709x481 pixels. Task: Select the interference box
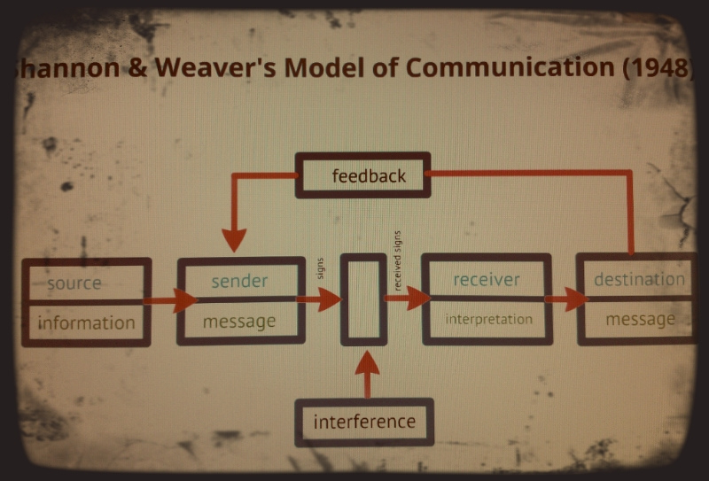tap(363, 422)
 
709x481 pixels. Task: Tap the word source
tap(74, 283)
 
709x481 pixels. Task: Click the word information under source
tap(86, 322)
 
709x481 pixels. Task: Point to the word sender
tap(239, 281)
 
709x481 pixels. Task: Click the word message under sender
tap(239, 322)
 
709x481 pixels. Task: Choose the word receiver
tap(487, 280)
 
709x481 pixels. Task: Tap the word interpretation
tap(488, 319)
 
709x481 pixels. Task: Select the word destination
tap(639, 280)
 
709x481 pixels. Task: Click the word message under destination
tap(640, 319)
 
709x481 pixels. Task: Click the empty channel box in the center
tap(363, 299)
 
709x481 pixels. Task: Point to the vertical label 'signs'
tap(320, 268)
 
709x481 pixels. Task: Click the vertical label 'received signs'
tap(398, 260)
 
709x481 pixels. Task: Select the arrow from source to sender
tap(168, 301)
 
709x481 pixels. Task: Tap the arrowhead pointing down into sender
tap(234, 238)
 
